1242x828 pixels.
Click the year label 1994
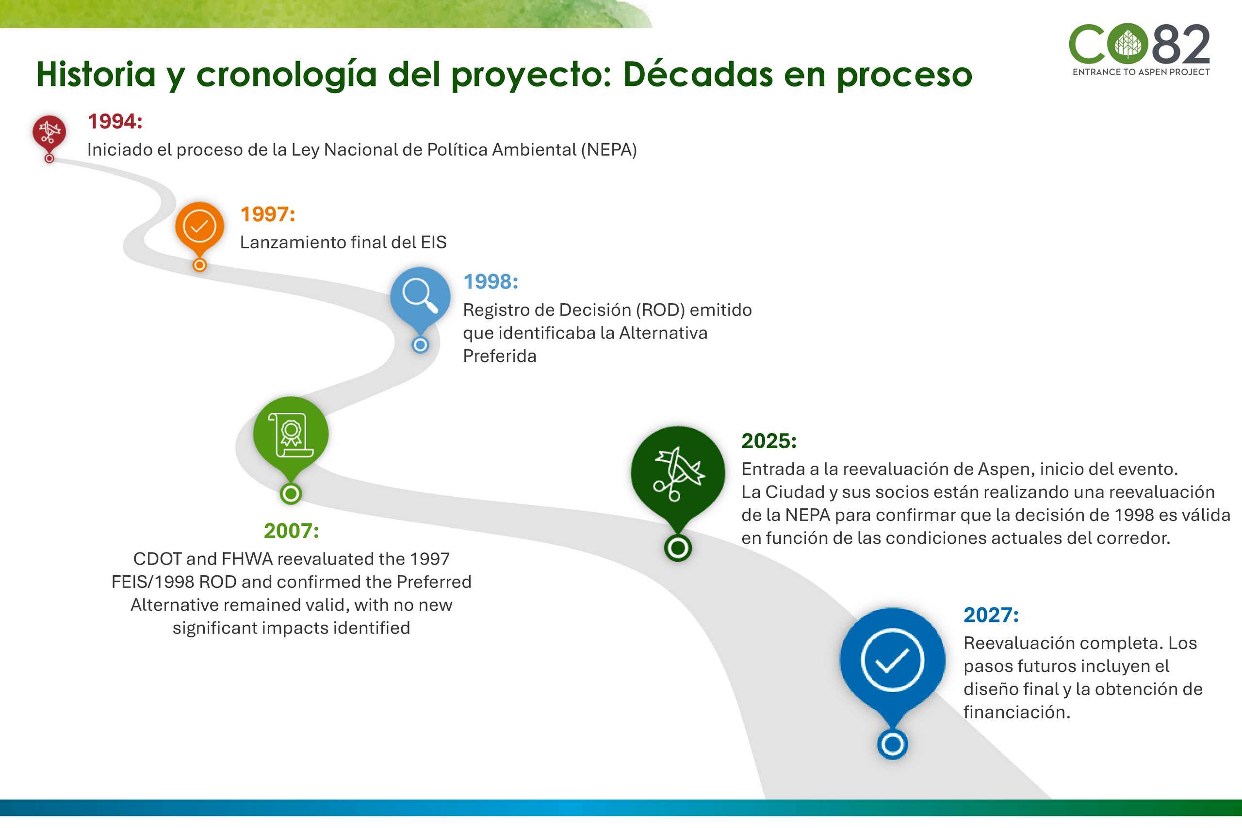click(x=114, y=121)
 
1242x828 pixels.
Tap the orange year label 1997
click(x=268, y=214)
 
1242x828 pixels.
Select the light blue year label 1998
click(x=490, y=281)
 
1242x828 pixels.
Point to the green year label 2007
click(x=292, y=531)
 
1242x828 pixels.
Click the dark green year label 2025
click(x=769, y=441)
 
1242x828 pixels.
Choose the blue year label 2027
click(x=991, y=615)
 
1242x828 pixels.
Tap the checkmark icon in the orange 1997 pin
click(x=199, y=226)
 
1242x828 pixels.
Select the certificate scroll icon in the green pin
click(x=291, y=435)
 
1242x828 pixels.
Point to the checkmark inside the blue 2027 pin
click(x=892, y=660)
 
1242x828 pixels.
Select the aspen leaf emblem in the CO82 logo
click(x=1128, y=43)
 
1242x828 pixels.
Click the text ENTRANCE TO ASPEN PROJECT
click(x=1141, y=72)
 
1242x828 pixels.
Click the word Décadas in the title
click(x=698, y=74)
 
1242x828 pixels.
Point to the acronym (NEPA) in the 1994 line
click(x=609, y=150)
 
